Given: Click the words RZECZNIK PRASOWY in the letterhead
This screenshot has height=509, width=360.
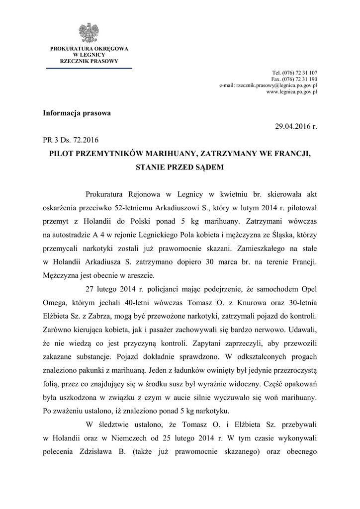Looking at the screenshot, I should click(89, 61).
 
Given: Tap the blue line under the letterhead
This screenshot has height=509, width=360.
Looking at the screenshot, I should click(89, 68).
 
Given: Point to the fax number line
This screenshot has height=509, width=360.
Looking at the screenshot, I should click(294, 79).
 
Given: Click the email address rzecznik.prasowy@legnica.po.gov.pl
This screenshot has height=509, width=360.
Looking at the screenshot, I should click(269, 85).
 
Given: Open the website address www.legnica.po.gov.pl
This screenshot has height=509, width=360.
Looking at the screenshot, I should click(292, 92).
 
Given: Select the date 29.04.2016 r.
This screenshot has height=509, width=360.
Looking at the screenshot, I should click(296, 127).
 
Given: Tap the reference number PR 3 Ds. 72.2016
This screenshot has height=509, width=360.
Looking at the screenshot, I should click(74, 141).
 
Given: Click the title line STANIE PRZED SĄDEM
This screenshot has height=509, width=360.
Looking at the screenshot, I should click(180, 168).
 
